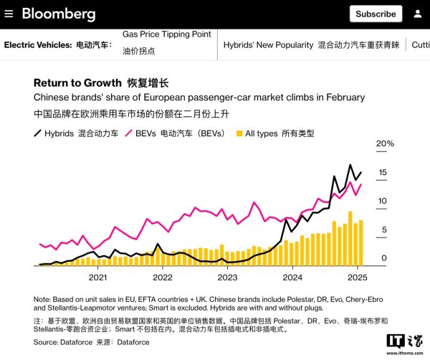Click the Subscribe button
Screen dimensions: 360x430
click(x=376, y=14)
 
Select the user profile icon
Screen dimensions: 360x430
click(x=417, y=14)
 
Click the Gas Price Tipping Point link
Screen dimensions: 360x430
click(x=166, y=34)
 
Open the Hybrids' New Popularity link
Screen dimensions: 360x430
click(x=268, y=44)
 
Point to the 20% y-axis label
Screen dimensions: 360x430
click(x=386, y=143)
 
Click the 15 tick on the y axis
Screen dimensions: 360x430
click(x=383, y=172)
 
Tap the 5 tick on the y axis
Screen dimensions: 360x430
click(x=384, y=229)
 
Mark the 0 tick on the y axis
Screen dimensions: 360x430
click(x=384, y=258)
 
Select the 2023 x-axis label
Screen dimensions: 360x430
click(x=227, y=277)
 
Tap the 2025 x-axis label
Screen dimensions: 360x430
click(x=357, y=277)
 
